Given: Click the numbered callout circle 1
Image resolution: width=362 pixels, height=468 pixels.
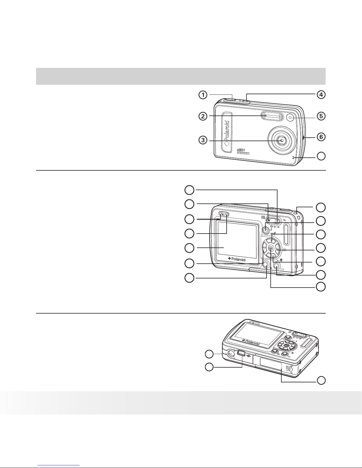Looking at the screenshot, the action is (202, 95).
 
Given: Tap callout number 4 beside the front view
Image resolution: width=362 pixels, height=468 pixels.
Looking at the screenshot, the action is (321, 95).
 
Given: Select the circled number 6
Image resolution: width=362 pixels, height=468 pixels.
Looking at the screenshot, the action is (321, 137).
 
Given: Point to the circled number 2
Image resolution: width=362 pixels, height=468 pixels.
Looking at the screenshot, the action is (202, 116).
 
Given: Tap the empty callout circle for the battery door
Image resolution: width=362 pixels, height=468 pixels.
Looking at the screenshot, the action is (321, 380).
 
